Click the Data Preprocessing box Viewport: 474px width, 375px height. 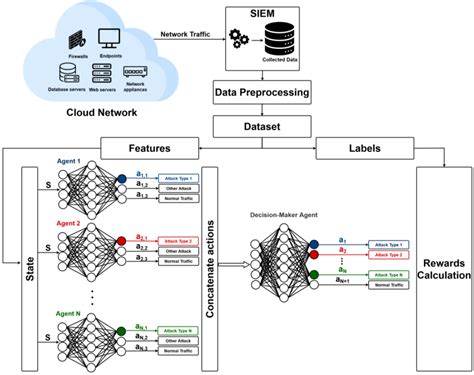(x=263, y=94)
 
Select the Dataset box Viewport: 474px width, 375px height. (x=263, y=126)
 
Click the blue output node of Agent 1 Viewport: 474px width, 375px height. (x=121, y=180)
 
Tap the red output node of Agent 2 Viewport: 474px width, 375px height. (x=121, y=241)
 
